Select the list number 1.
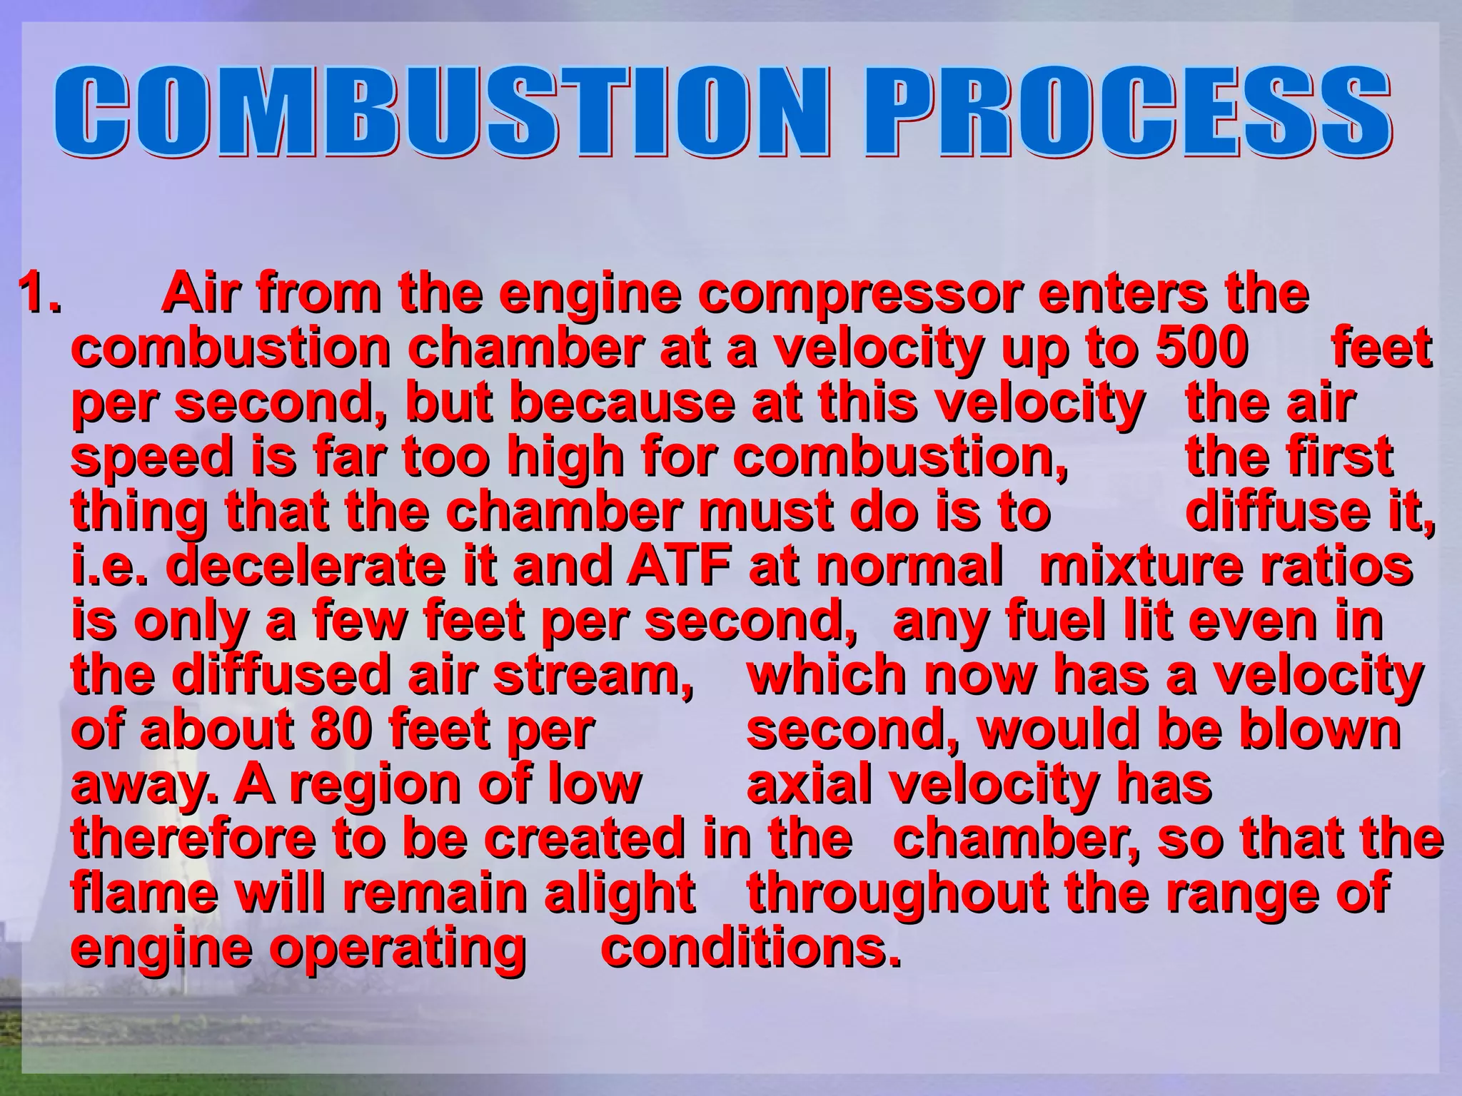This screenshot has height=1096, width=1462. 39,293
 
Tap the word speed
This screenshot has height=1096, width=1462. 151,457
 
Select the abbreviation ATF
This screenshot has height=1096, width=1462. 679,566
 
